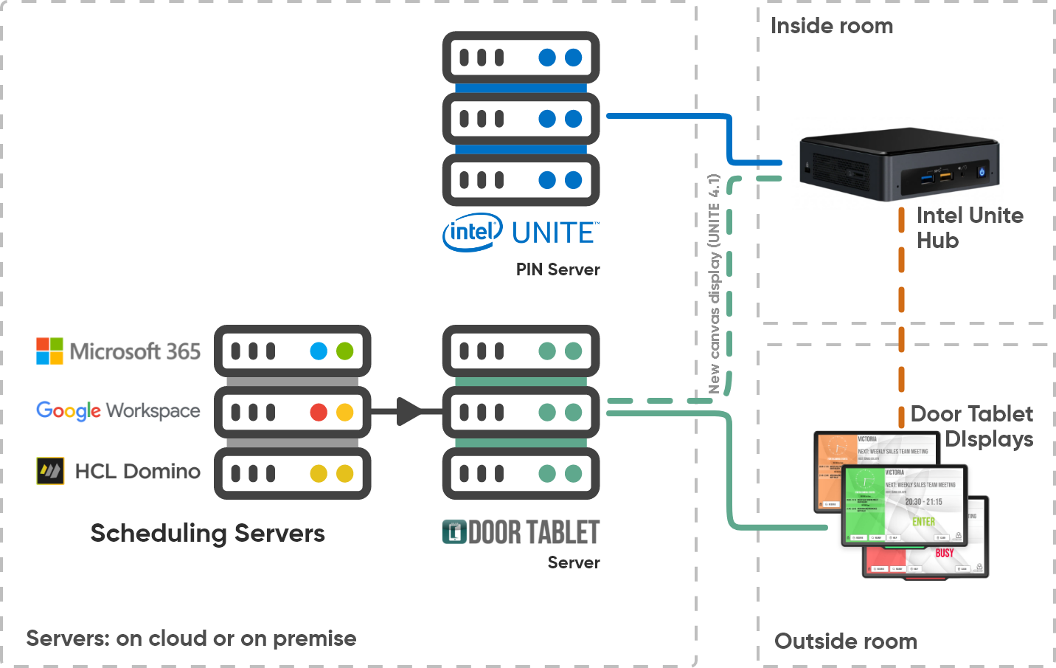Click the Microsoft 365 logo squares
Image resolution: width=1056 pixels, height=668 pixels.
click(x=49, y=351)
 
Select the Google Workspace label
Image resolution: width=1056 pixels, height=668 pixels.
click(x=118, y=410)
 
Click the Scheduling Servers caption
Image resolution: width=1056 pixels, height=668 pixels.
click(x=207, y=533)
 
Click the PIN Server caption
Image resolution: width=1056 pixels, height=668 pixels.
click(x=557, y=269)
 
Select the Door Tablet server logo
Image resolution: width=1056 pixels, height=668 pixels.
click(x=521, y=531)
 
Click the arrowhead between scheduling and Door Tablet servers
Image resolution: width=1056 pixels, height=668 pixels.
click(x=410, y=411)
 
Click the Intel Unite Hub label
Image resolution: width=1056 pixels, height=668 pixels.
click(x=969, y=228)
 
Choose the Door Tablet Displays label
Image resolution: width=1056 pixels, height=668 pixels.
click(x=972, y=426)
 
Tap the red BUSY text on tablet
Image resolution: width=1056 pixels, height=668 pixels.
click(x=945, y=553)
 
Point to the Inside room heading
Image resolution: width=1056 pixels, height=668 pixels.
click(x=832, y=27)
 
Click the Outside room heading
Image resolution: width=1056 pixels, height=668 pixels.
click(x=845, y=641)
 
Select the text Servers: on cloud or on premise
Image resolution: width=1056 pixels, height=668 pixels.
click(x=191, y=638)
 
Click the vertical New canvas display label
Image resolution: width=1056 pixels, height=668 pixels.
click(x=714, y=284)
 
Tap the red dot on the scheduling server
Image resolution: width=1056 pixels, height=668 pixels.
click(x=319, y=412)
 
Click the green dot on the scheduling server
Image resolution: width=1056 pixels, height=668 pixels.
click(x=345, y=351)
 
